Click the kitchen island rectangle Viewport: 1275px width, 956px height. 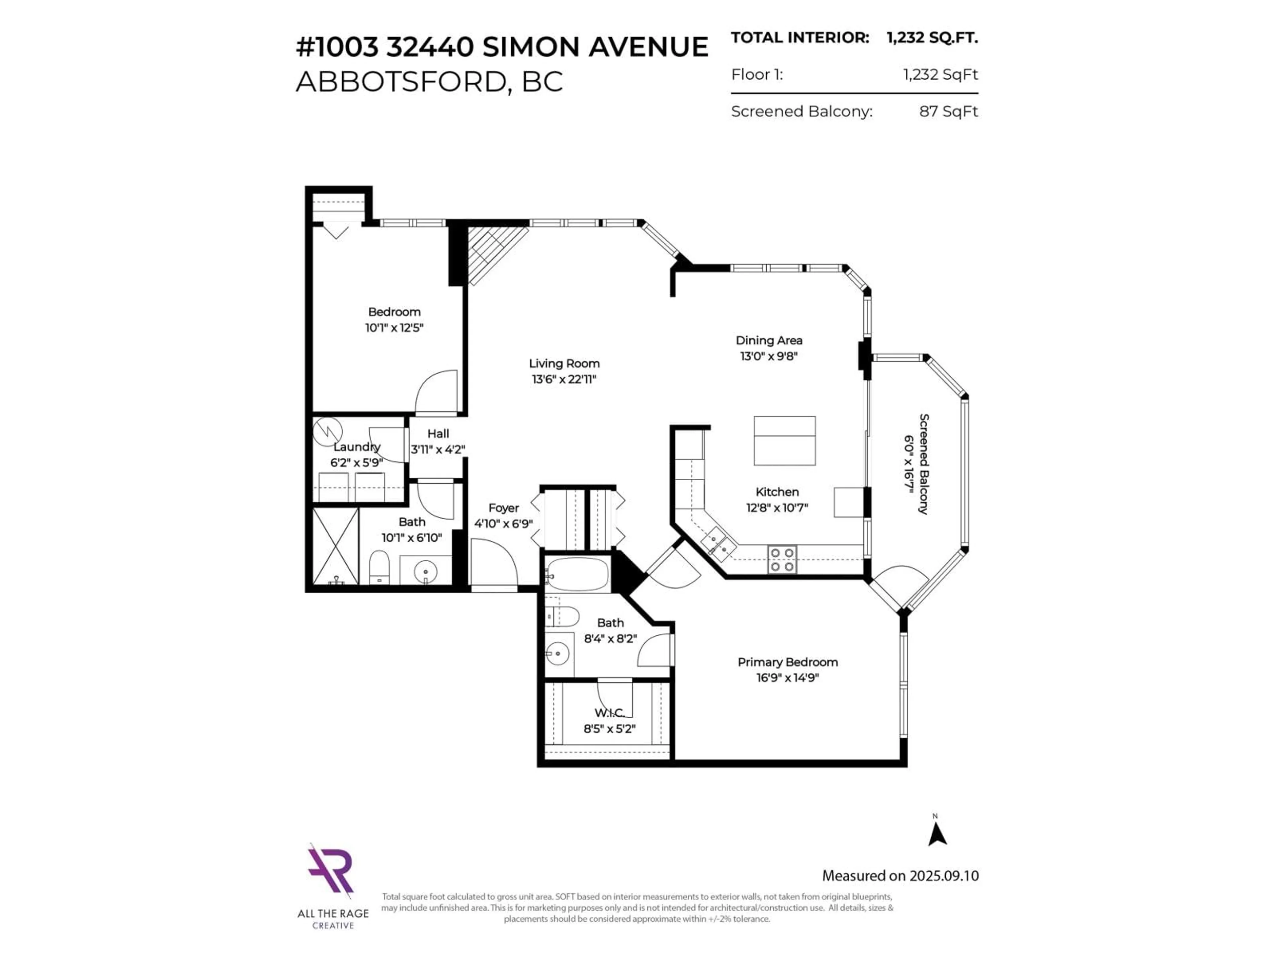pos(785,441)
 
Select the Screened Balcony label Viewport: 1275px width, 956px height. pos(923,464)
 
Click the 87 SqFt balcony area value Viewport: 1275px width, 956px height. pos(948,111)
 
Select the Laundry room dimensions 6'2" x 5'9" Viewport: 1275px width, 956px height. pos(356,463)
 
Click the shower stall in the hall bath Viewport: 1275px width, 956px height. pos(335,546)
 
